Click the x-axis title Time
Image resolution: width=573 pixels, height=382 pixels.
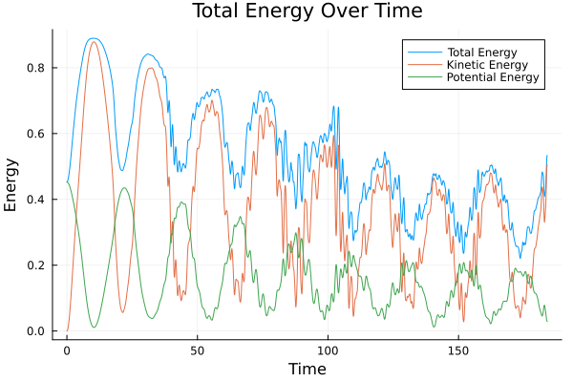click(x=308, y=369)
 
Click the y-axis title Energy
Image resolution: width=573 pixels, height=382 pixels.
click(x=11, y=183)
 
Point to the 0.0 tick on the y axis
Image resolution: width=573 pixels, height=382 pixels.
click(x=39, y=331)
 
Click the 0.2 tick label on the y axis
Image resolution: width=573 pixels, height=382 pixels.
click(x=39, y=265)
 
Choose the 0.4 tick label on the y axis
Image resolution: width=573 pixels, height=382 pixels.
click(x=39, y=200)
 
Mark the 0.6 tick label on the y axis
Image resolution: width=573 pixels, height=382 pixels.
click(x=39, y=134)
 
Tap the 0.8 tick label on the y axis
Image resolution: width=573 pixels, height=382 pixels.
click(x=39, y=68)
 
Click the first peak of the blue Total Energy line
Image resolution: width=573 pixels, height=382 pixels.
click(x=93, y=38)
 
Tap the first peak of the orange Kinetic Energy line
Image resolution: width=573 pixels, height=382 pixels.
click(x=93, y=42)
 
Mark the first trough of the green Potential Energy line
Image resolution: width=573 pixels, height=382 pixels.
click(x=94, y=328)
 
